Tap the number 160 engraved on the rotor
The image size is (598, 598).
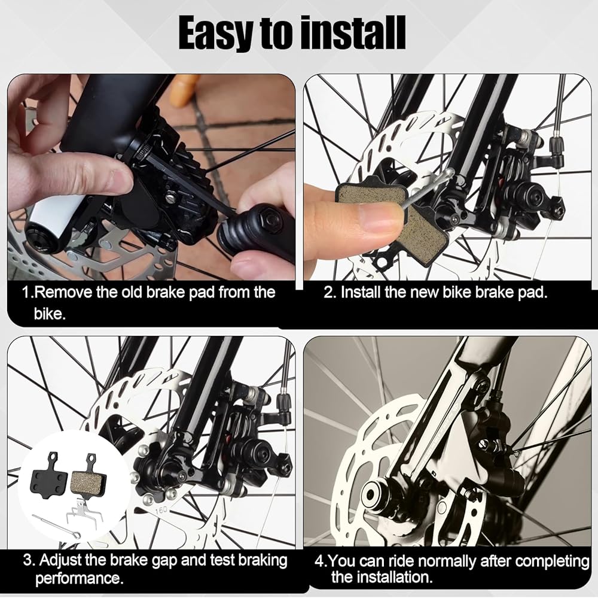pyautogui.click(x=161, y=510)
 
